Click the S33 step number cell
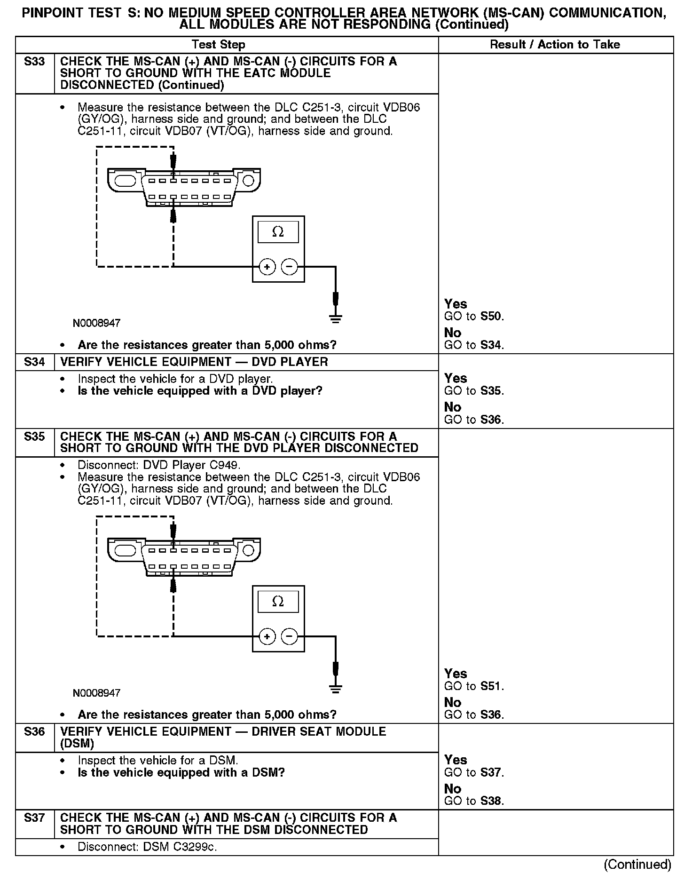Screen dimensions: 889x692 (x=34, y=62)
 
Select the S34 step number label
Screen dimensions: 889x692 (x=34, y=362)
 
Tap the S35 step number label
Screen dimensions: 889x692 (x=34, y=437)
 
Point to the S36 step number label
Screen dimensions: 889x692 (x=34, y=731)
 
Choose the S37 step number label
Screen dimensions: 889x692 (x=34, y=818)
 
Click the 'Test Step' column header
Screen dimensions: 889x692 (x=218, y=45)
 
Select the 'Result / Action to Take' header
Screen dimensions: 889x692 (x=555, y=45)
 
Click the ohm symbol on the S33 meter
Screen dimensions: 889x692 (x=278, y=232)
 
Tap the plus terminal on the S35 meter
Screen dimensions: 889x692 (x=267, y=637)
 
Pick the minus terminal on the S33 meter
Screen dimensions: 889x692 (x=290, y=267)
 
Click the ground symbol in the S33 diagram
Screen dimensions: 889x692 (x=335, y=319)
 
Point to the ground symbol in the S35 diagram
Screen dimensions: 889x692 (x=335, y=689)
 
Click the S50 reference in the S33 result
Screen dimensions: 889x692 (x=491, y=316)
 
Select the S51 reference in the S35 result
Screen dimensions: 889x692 (x=491, y=686)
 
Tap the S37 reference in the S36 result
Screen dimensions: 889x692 (x=491, y=772)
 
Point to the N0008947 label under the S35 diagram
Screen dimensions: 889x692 (x=96, y=693)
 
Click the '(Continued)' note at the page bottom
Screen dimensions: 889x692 (x=637, y=864)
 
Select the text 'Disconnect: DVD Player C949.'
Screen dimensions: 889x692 (x=159, y=465)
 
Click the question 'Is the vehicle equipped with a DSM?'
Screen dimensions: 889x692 (x=181, y=772)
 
